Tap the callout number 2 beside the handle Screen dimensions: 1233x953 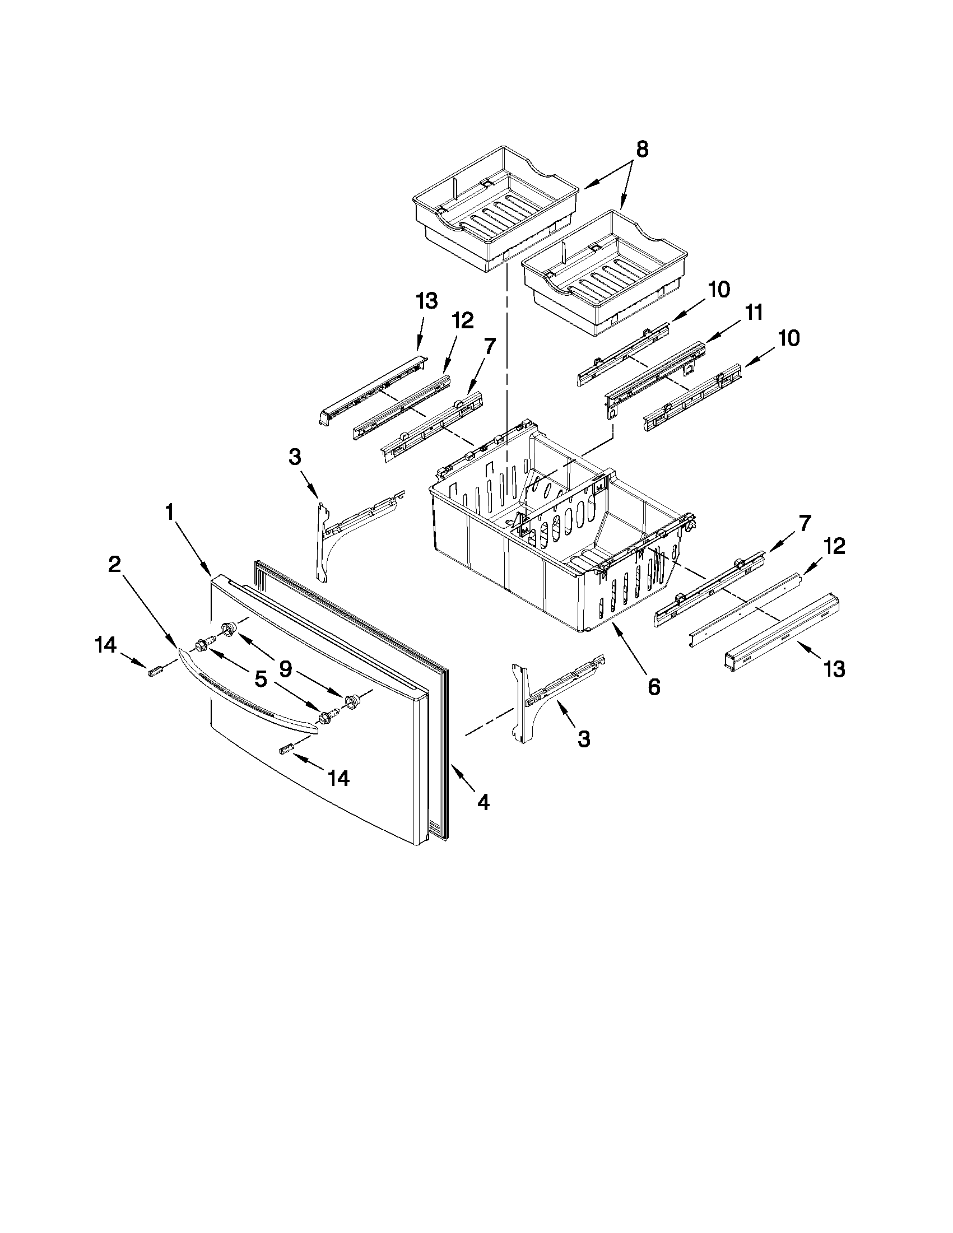point(115,564)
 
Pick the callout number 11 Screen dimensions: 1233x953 point(753,312)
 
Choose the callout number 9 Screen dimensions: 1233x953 point(286,669)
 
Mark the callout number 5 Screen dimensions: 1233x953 point(261,679)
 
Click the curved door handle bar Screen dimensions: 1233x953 point(248,691)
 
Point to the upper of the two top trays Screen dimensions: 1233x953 point(496,209)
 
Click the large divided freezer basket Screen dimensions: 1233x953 point(559,536)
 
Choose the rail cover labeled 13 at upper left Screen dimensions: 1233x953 point(370,389)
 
